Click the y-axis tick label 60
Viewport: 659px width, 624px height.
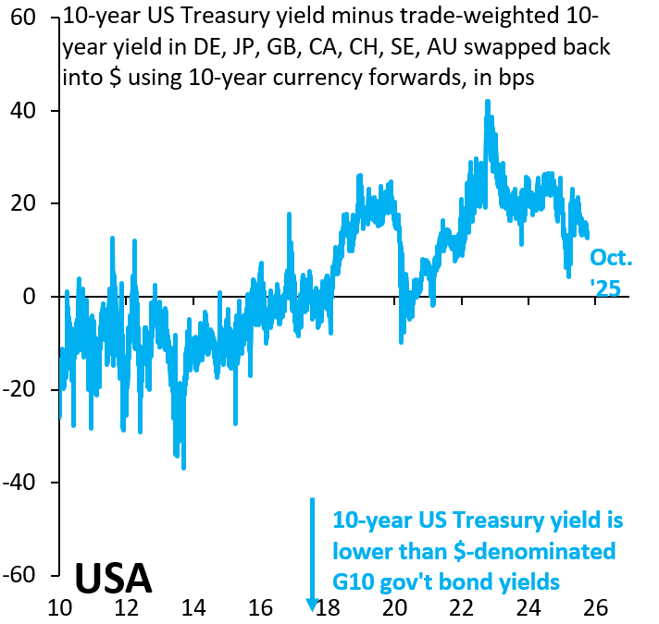(25, 18)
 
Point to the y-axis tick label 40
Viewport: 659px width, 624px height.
(25, 111)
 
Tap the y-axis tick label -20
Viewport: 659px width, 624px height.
(21, 389)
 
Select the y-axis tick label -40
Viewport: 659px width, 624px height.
(21, 483)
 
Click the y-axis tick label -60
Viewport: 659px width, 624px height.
(21, 575)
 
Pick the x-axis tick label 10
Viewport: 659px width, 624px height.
(60, 607)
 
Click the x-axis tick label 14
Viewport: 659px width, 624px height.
(193, 607)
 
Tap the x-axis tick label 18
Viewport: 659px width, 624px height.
(328, 607)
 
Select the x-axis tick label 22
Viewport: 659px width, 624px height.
(462, 607)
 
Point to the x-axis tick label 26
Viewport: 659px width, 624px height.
(595, 607)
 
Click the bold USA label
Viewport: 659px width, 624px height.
(113, 577)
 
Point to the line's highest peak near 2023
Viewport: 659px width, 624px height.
(488, 101)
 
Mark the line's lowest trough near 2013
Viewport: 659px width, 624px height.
(183, 468)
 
